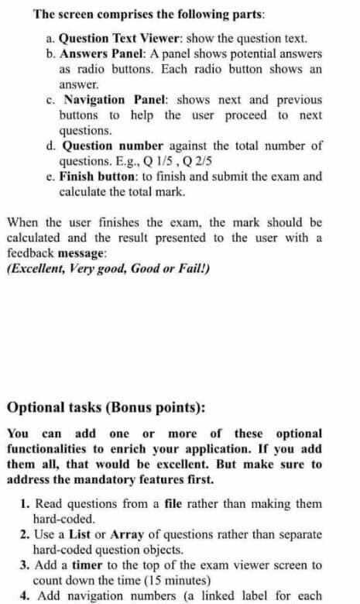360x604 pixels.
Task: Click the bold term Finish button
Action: (98, 177)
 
